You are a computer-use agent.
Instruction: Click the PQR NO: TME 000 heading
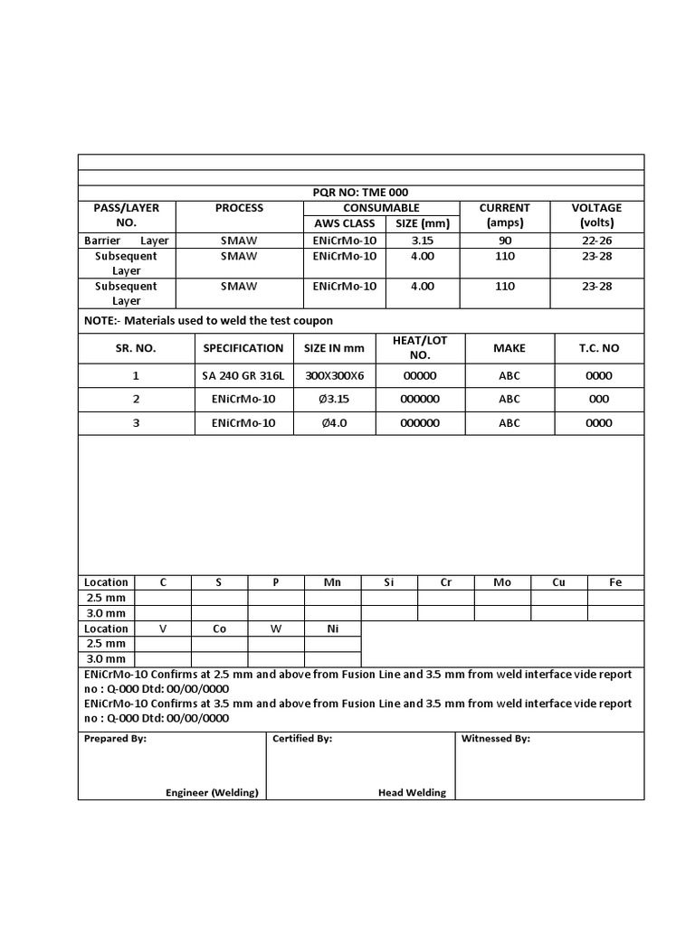pyautogui.click(x=361, y=193)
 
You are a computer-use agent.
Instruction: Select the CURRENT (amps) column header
pyautogui.click(x=504, y=215)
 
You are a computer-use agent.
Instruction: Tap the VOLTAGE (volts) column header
pyautogui.click(x=596, y=215)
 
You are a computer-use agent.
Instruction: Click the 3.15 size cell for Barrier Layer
pyautogui.click(x=423, y=241)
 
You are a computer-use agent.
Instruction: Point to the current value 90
pyautogui.click(x=504, y=241)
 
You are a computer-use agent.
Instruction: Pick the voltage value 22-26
pyautogui.click(x=596, y=241)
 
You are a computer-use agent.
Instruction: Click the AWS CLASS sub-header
pyautogui.click(x=344, y=223)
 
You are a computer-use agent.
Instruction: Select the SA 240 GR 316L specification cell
pyautogui.click(x=243, y=376)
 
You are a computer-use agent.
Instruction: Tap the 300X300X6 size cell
pyautogui.click(x=333, y=376)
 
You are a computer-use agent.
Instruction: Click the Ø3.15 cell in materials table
pyautogui.click(x=333, y=400)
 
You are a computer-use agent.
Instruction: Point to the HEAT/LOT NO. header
pyautogui.click(x=418, y=347)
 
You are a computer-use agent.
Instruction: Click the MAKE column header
pyautogui.click(x=509, y=348)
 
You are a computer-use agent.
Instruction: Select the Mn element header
pyautogui.click(x=332, y=582)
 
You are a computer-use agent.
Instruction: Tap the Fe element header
pyautogui.click(x=615, y=582)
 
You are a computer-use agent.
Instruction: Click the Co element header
pyautogui.click(x=219, y=628)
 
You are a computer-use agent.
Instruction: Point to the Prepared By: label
pyautogui.click(x=115, y=739)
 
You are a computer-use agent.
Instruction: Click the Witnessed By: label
pyautogui.click(x=495, y=739)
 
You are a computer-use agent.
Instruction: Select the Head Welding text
pyautogui.click(x=412, y=792)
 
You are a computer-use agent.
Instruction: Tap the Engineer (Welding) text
pyautogui.click(x=212, y=792)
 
